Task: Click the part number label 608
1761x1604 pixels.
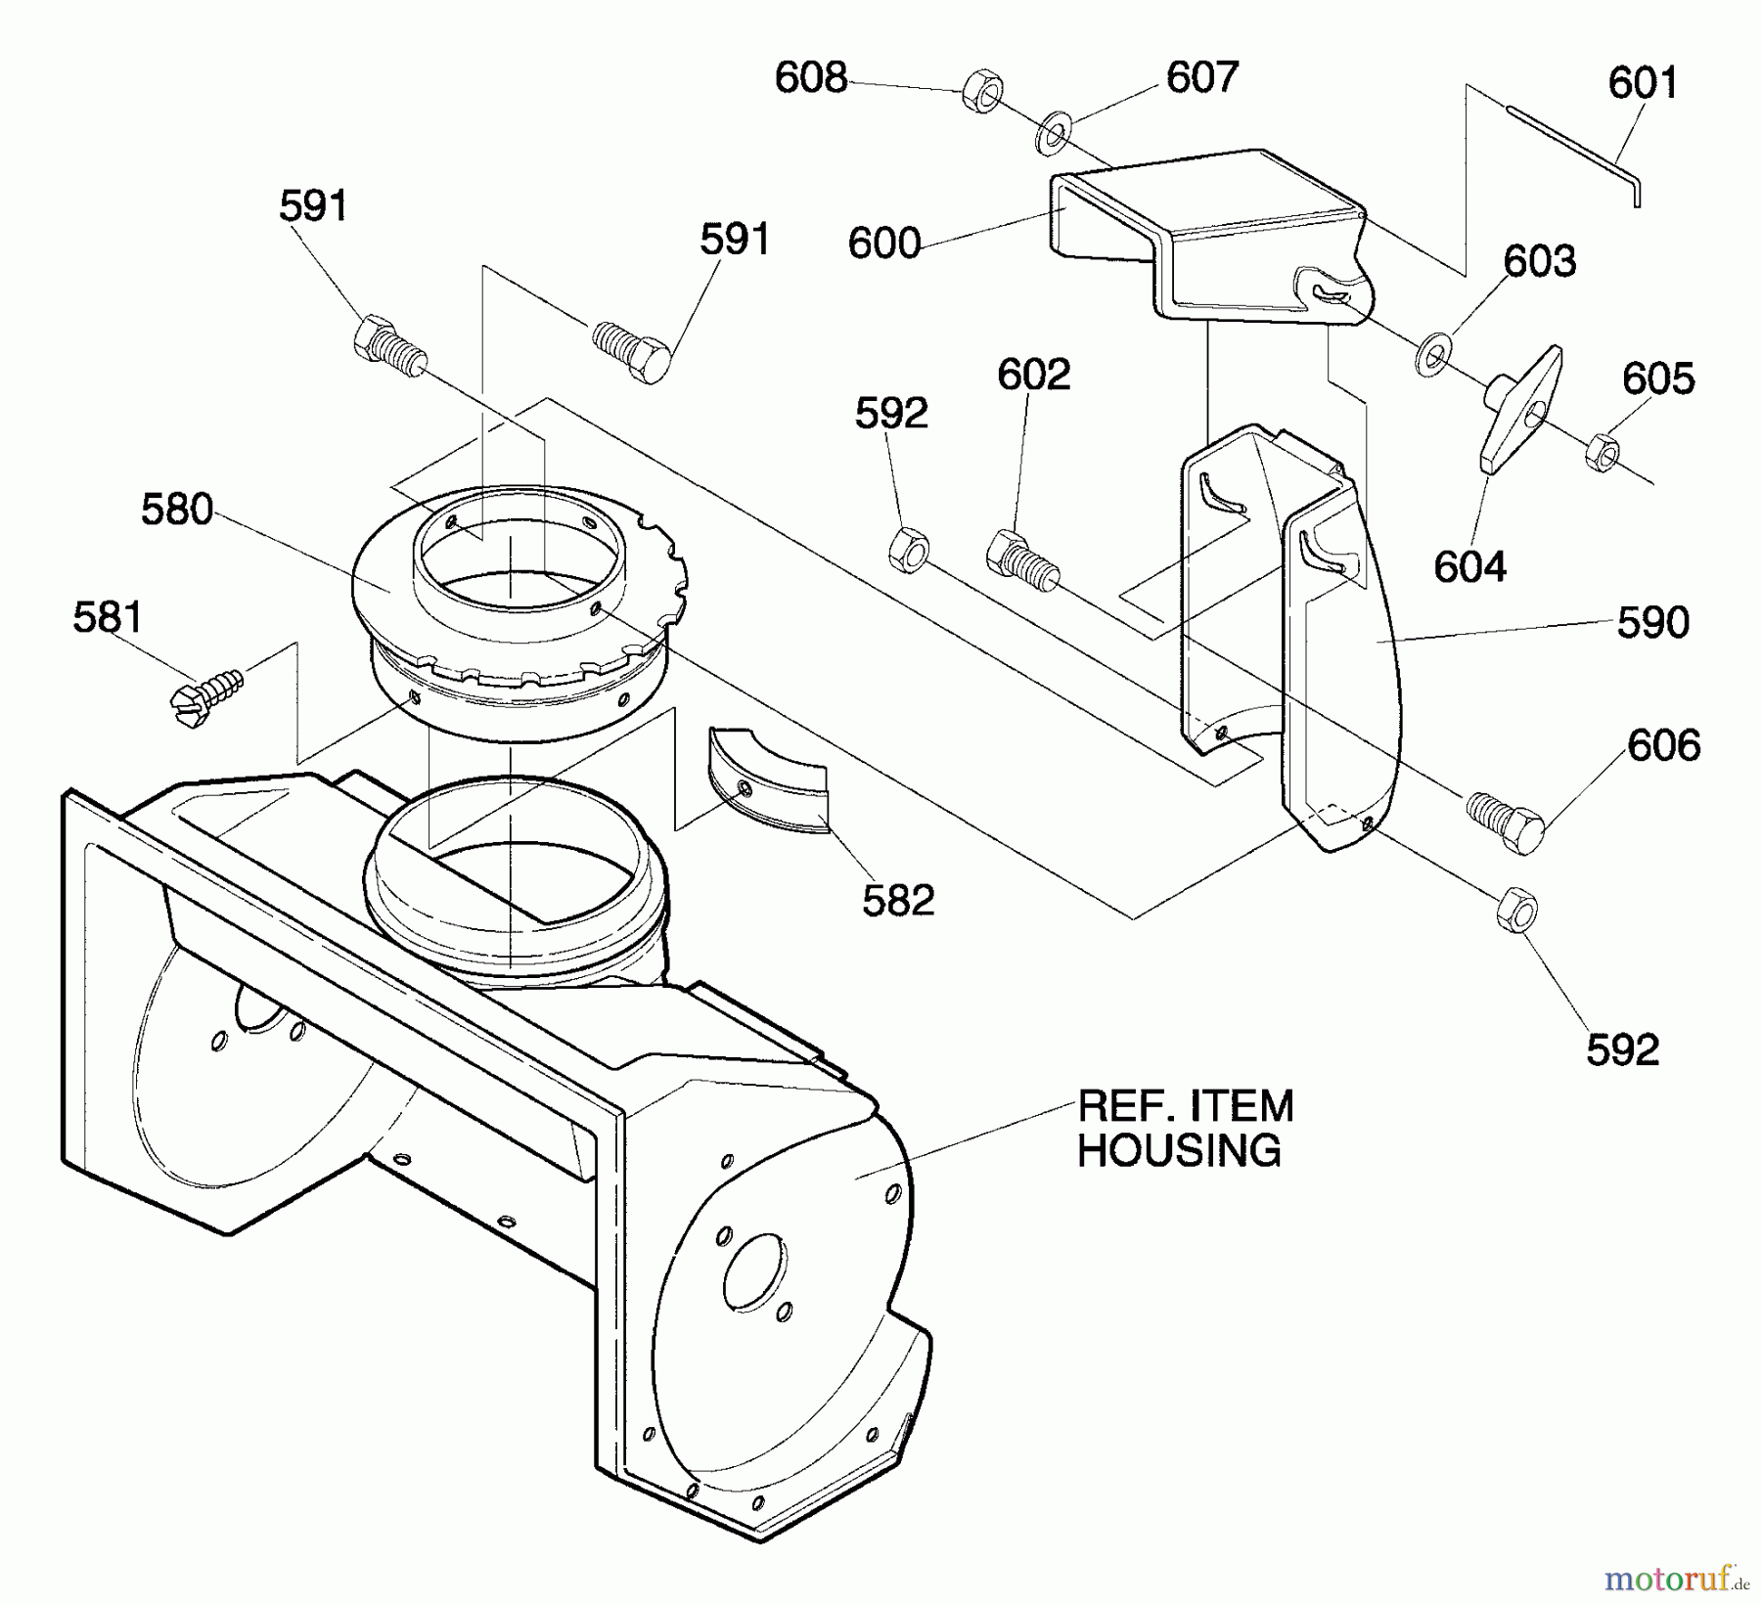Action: (x=810, y=77)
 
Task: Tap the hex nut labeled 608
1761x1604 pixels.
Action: (x=982, y=91)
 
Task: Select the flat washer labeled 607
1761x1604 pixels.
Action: (x=1053, y=133)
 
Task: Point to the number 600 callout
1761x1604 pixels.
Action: (x=884, y=243)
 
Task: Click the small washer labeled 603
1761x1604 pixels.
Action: (x=1432, y=354)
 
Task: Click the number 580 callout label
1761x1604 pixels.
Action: (x=177, y=510)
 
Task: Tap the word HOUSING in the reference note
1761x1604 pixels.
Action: (x=1179, y=1150)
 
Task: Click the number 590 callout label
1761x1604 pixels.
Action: (x=1652, y=622)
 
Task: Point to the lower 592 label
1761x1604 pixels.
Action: (x=1622, y=1049)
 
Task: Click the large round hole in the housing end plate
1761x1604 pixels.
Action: (x=753, y=1270)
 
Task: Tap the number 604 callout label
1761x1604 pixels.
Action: (x=1469, y=566)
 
